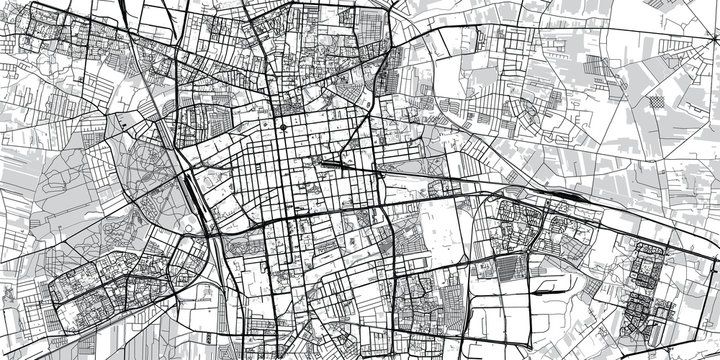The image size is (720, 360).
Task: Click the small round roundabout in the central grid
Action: click(x=280, y=127)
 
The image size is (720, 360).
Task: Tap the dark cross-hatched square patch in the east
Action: click(x=655, y=101)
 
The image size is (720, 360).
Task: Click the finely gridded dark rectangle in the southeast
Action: click(x=512, y=269)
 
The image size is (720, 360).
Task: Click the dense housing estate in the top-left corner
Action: click(x=60, y=40)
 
